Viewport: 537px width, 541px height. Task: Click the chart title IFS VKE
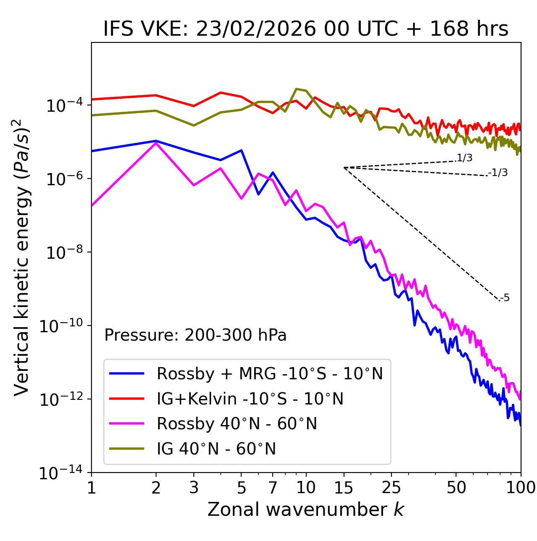[305, 29]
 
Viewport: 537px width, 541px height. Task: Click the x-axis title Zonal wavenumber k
[305, 509]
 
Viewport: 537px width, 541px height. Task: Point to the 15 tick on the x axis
[344, 487]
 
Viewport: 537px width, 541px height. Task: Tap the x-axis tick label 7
[273, 487]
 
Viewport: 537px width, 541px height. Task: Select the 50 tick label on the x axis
[456, 487]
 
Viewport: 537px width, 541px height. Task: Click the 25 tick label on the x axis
[391, 487]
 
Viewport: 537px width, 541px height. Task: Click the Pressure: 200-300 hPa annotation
[195, 335]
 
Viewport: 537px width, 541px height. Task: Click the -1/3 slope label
[498, 173]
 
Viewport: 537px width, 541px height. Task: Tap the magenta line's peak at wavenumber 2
[156, 143]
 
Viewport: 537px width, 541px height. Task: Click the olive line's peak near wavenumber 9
[296, 89]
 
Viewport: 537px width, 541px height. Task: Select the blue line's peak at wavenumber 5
[241, 150]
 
